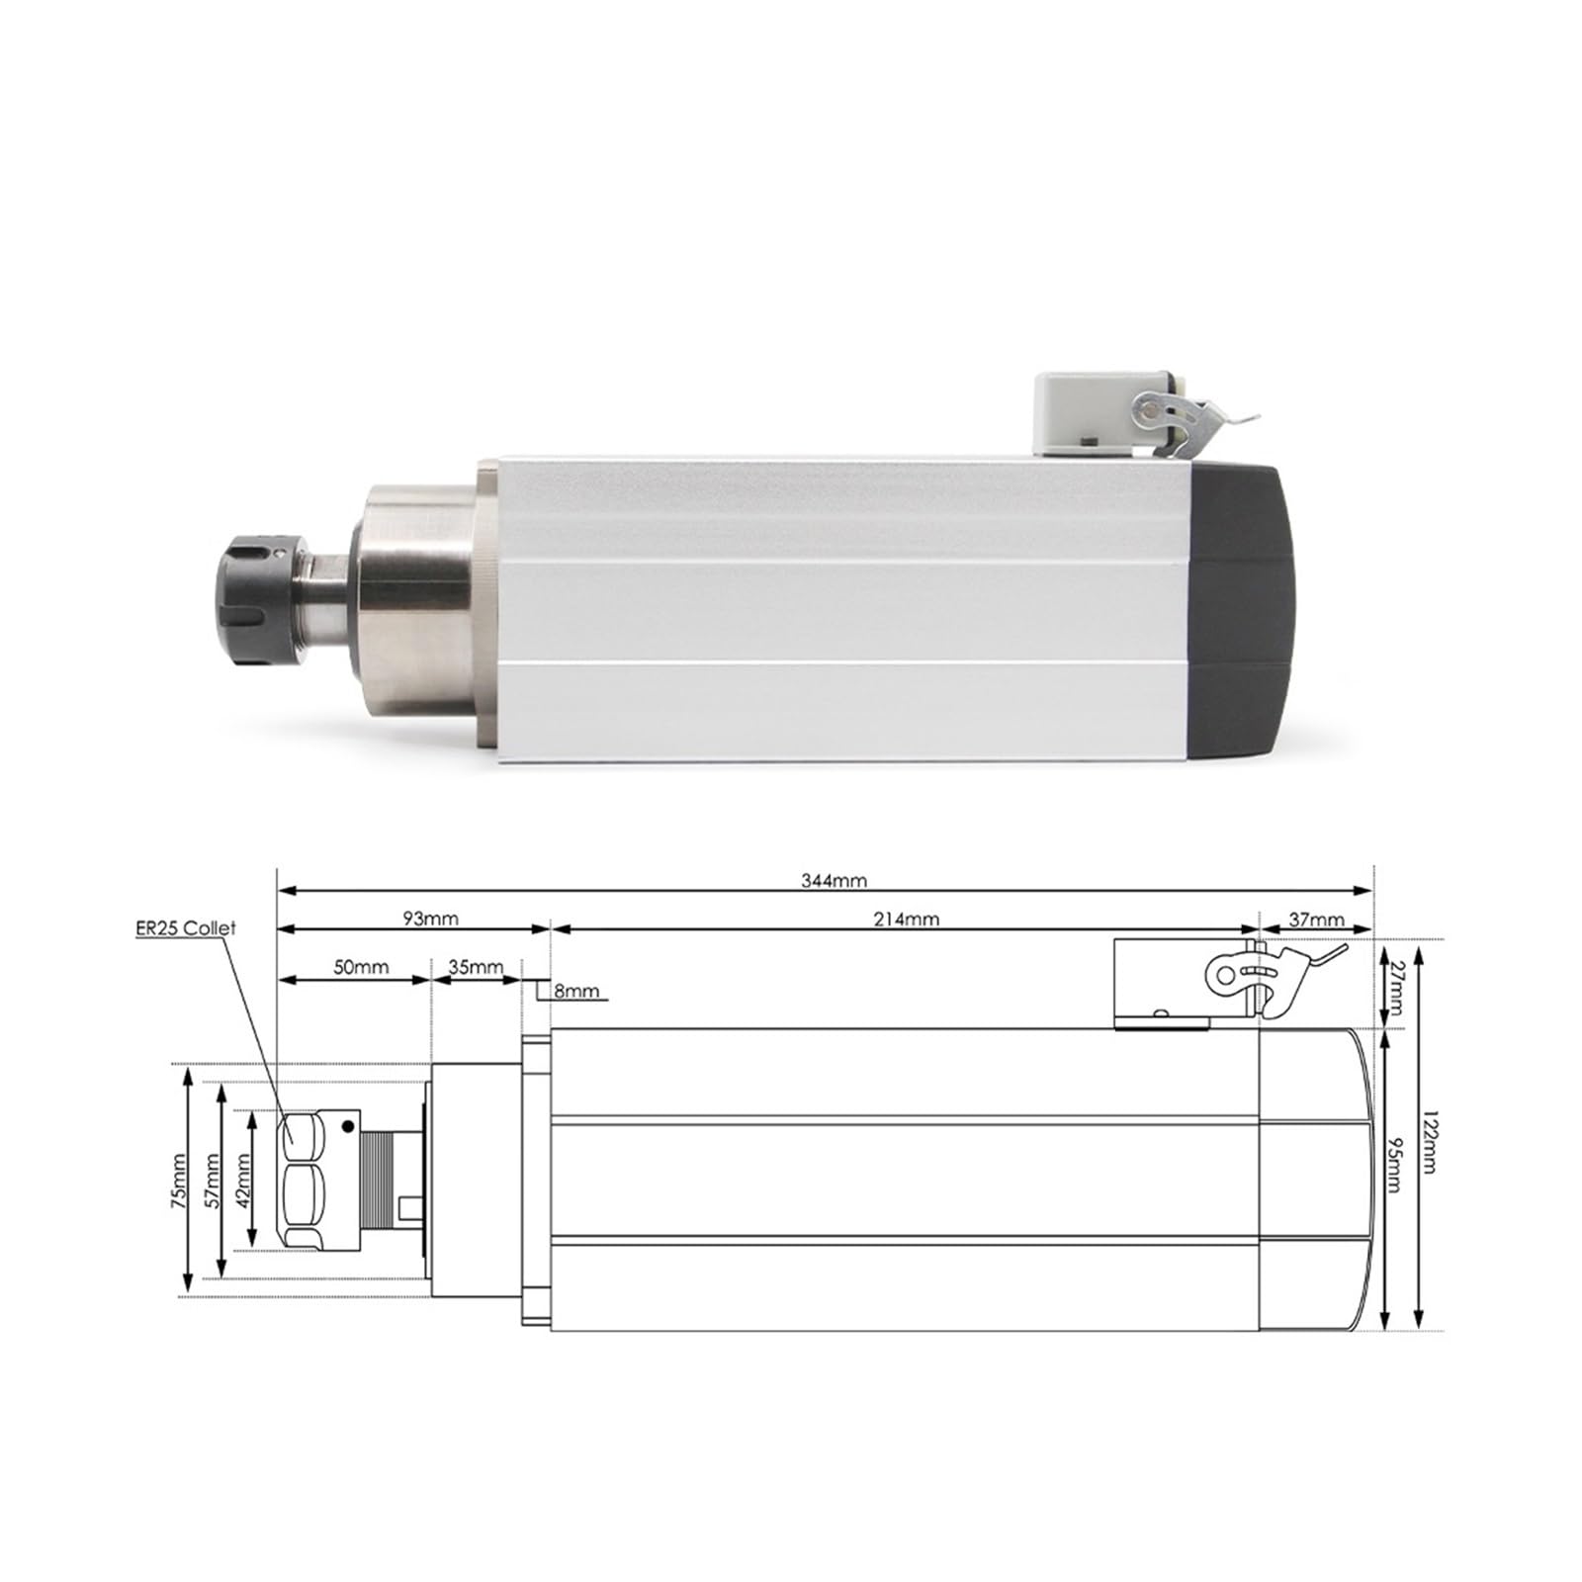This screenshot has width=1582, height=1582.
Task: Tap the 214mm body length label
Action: click(906, 919)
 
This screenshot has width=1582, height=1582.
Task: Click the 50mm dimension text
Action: click(360, 967)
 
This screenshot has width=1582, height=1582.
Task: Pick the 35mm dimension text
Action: click(476, 967)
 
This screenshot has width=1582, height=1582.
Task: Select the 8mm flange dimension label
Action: click(576, 991)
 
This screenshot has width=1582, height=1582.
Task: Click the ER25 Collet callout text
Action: click(187, 929)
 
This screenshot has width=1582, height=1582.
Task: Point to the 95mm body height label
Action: click(1395, 1165)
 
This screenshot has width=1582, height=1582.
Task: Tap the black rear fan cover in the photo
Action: click(1243, 613)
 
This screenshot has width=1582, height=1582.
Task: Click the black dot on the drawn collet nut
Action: click(347, 1125)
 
